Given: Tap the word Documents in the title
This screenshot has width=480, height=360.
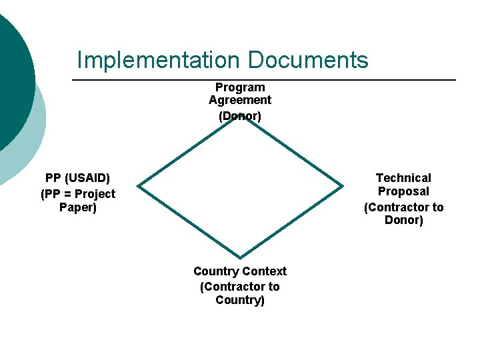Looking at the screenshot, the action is coord(307,59).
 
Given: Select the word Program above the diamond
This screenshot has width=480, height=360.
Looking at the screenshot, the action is coord(240,87).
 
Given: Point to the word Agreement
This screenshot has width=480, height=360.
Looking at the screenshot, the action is coord(240,100).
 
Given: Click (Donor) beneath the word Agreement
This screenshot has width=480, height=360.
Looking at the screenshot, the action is coord(240,115).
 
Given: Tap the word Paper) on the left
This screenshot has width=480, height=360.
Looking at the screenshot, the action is coord(78,207).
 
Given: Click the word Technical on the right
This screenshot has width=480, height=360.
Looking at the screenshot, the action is coord(403,178).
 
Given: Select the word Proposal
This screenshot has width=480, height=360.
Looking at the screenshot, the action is coord(403,191).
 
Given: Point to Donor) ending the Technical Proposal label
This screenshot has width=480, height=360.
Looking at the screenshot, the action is coord(403,220).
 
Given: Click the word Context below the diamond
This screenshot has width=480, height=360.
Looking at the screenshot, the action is coord(265,271).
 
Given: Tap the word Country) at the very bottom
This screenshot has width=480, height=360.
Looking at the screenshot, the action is coord(240,300).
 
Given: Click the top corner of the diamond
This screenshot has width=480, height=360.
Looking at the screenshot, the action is coord(240,117).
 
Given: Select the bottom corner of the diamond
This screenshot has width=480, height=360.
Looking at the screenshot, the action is coord(240,257).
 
